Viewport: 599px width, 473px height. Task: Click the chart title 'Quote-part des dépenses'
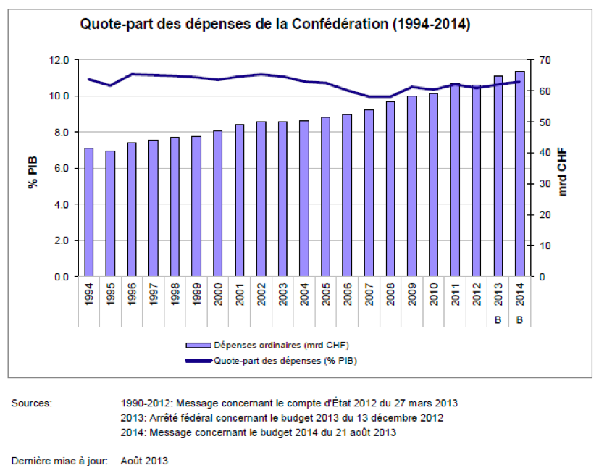click(275, 25)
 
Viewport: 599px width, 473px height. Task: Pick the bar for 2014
click(519, 174)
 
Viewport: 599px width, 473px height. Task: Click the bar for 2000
click(217, 204)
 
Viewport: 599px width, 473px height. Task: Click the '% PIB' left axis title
click(33, 169)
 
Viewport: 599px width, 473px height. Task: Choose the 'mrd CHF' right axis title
click(564, 169)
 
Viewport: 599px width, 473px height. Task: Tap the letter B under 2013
click(498, 320)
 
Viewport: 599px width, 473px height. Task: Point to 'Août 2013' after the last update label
click(144, 460)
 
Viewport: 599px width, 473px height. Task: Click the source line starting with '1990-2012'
click(289, 403)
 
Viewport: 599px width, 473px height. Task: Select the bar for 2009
click(411, 186)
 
